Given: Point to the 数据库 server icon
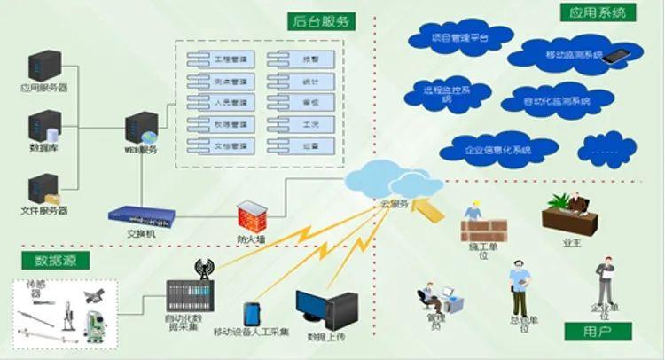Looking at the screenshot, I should [x=43, y=126].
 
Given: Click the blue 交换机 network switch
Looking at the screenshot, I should [x=144, y=213].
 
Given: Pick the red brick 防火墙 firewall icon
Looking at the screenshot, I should [x=252, y=213].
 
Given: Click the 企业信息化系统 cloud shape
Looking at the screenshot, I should [x=497, y=149].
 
